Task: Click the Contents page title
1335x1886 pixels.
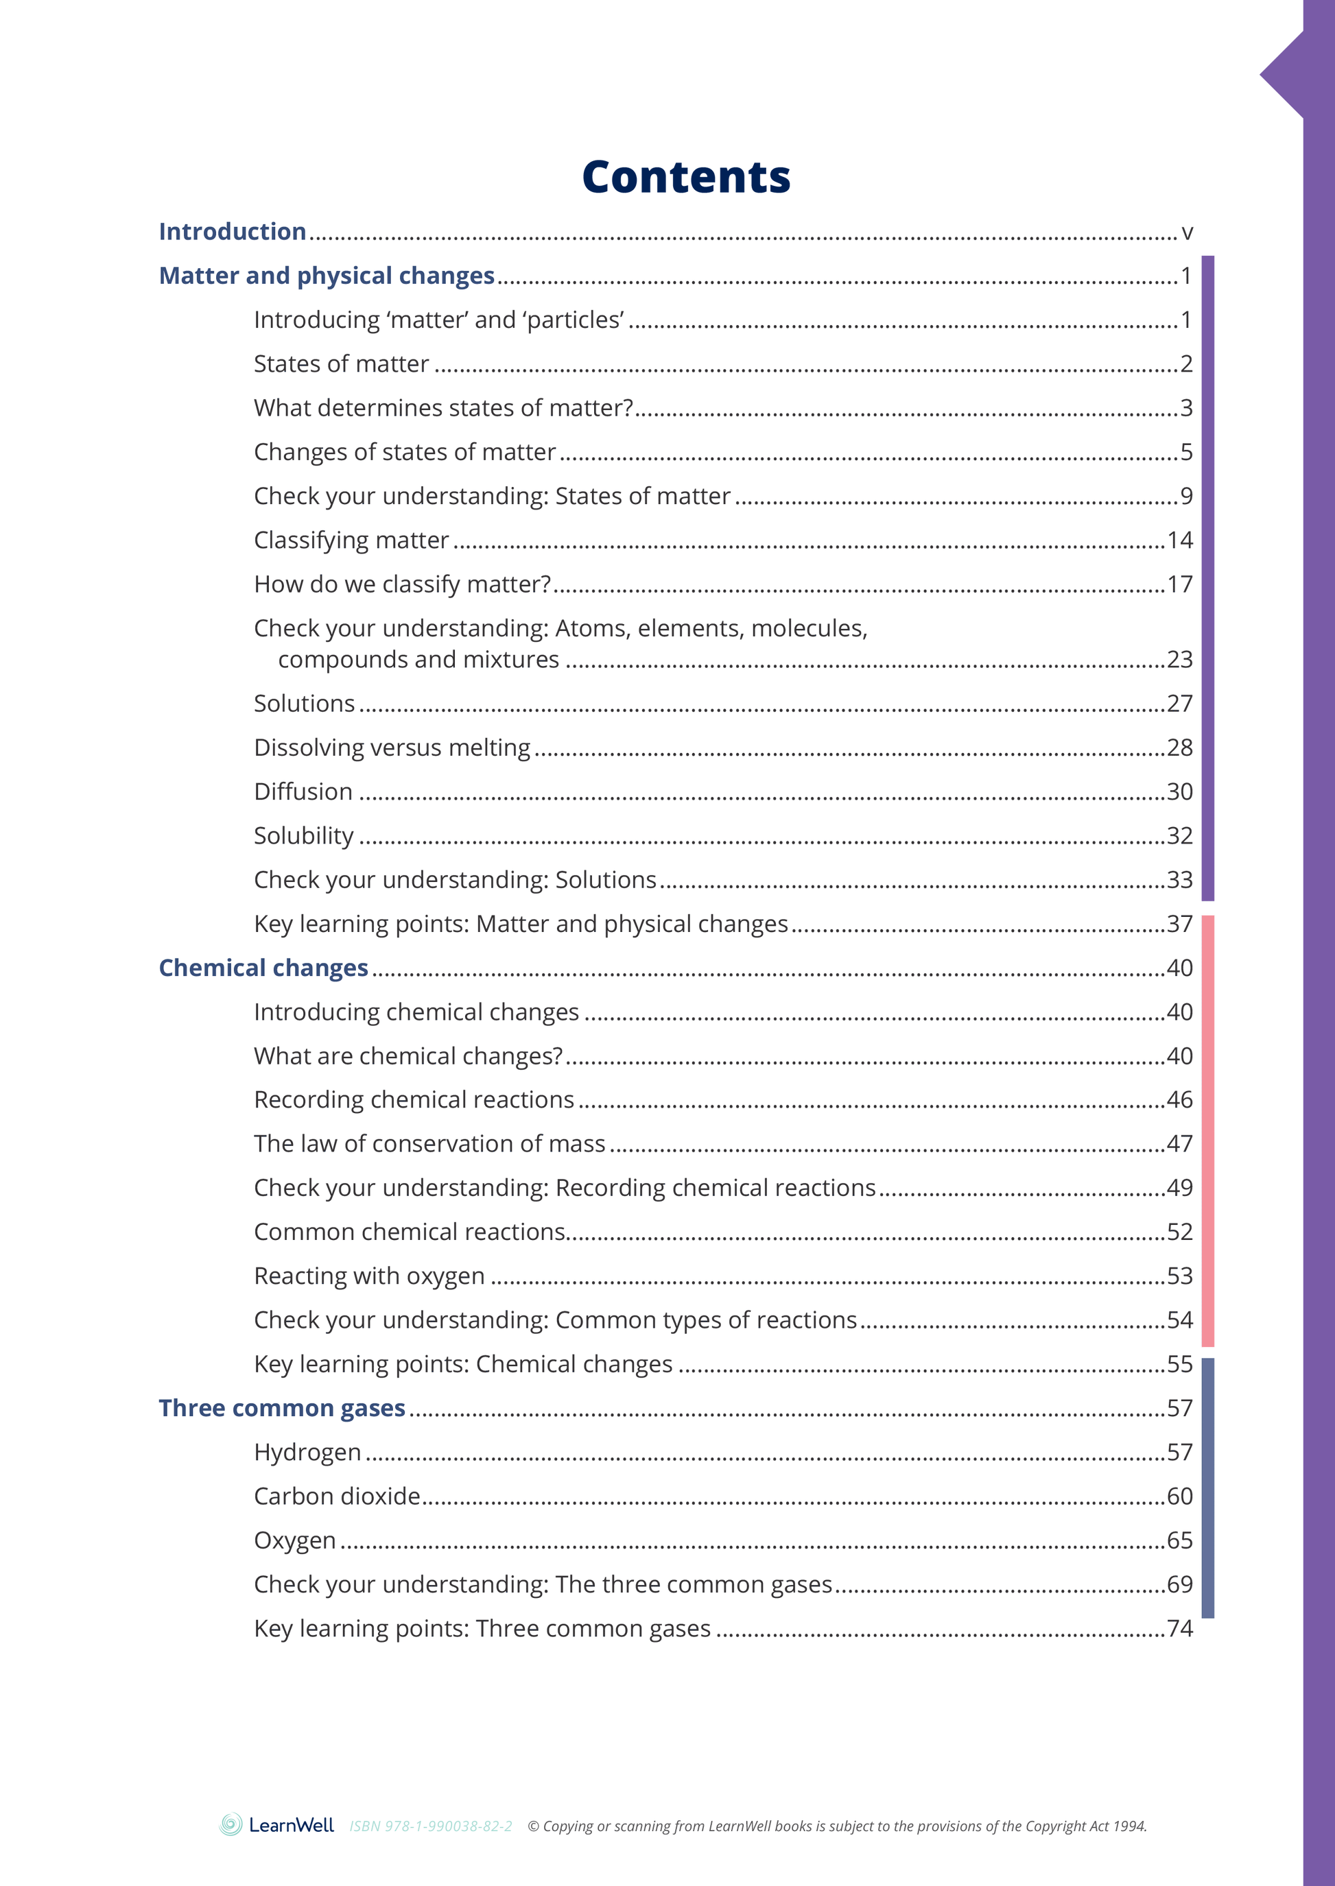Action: [685, 178]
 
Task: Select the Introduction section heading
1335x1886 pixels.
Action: [232, 232]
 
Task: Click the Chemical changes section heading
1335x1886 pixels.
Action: [263, 968]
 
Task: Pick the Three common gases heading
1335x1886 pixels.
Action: [282, 1408]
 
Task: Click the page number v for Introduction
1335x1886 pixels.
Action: [1186, 232]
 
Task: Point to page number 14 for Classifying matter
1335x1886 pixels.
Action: [1180, 540]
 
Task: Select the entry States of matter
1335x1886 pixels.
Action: [341, 364]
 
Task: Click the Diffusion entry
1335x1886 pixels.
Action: [303, 791]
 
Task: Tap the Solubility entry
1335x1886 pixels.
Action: [303, 836]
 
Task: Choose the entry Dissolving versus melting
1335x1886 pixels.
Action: [392, 748]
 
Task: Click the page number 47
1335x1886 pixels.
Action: [1180, 1144]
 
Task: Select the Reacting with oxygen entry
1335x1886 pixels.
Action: [369, 1276]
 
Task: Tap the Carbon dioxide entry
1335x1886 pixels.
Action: [337, 1496]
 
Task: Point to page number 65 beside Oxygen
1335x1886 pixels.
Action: [1180, 1540]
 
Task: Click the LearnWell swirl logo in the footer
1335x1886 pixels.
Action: [231, 1825]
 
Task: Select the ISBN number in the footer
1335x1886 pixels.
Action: [431, 1826]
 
